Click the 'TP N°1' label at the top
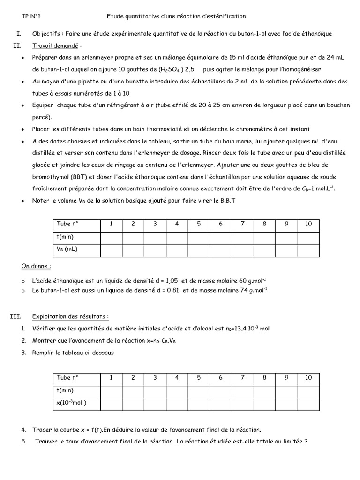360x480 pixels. point(31,16)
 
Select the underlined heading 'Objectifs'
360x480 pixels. point(46,34)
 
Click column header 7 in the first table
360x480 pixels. point(242,224)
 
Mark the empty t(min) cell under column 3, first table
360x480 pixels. point(155,237)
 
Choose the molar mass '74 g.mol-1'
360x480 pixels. point(252,290)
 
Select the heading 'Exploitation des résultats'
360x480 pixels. point(70,316)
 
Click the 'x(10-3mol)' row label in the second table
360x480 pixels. point(71,403)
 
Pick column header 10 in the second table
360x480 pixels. point(308,377)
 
